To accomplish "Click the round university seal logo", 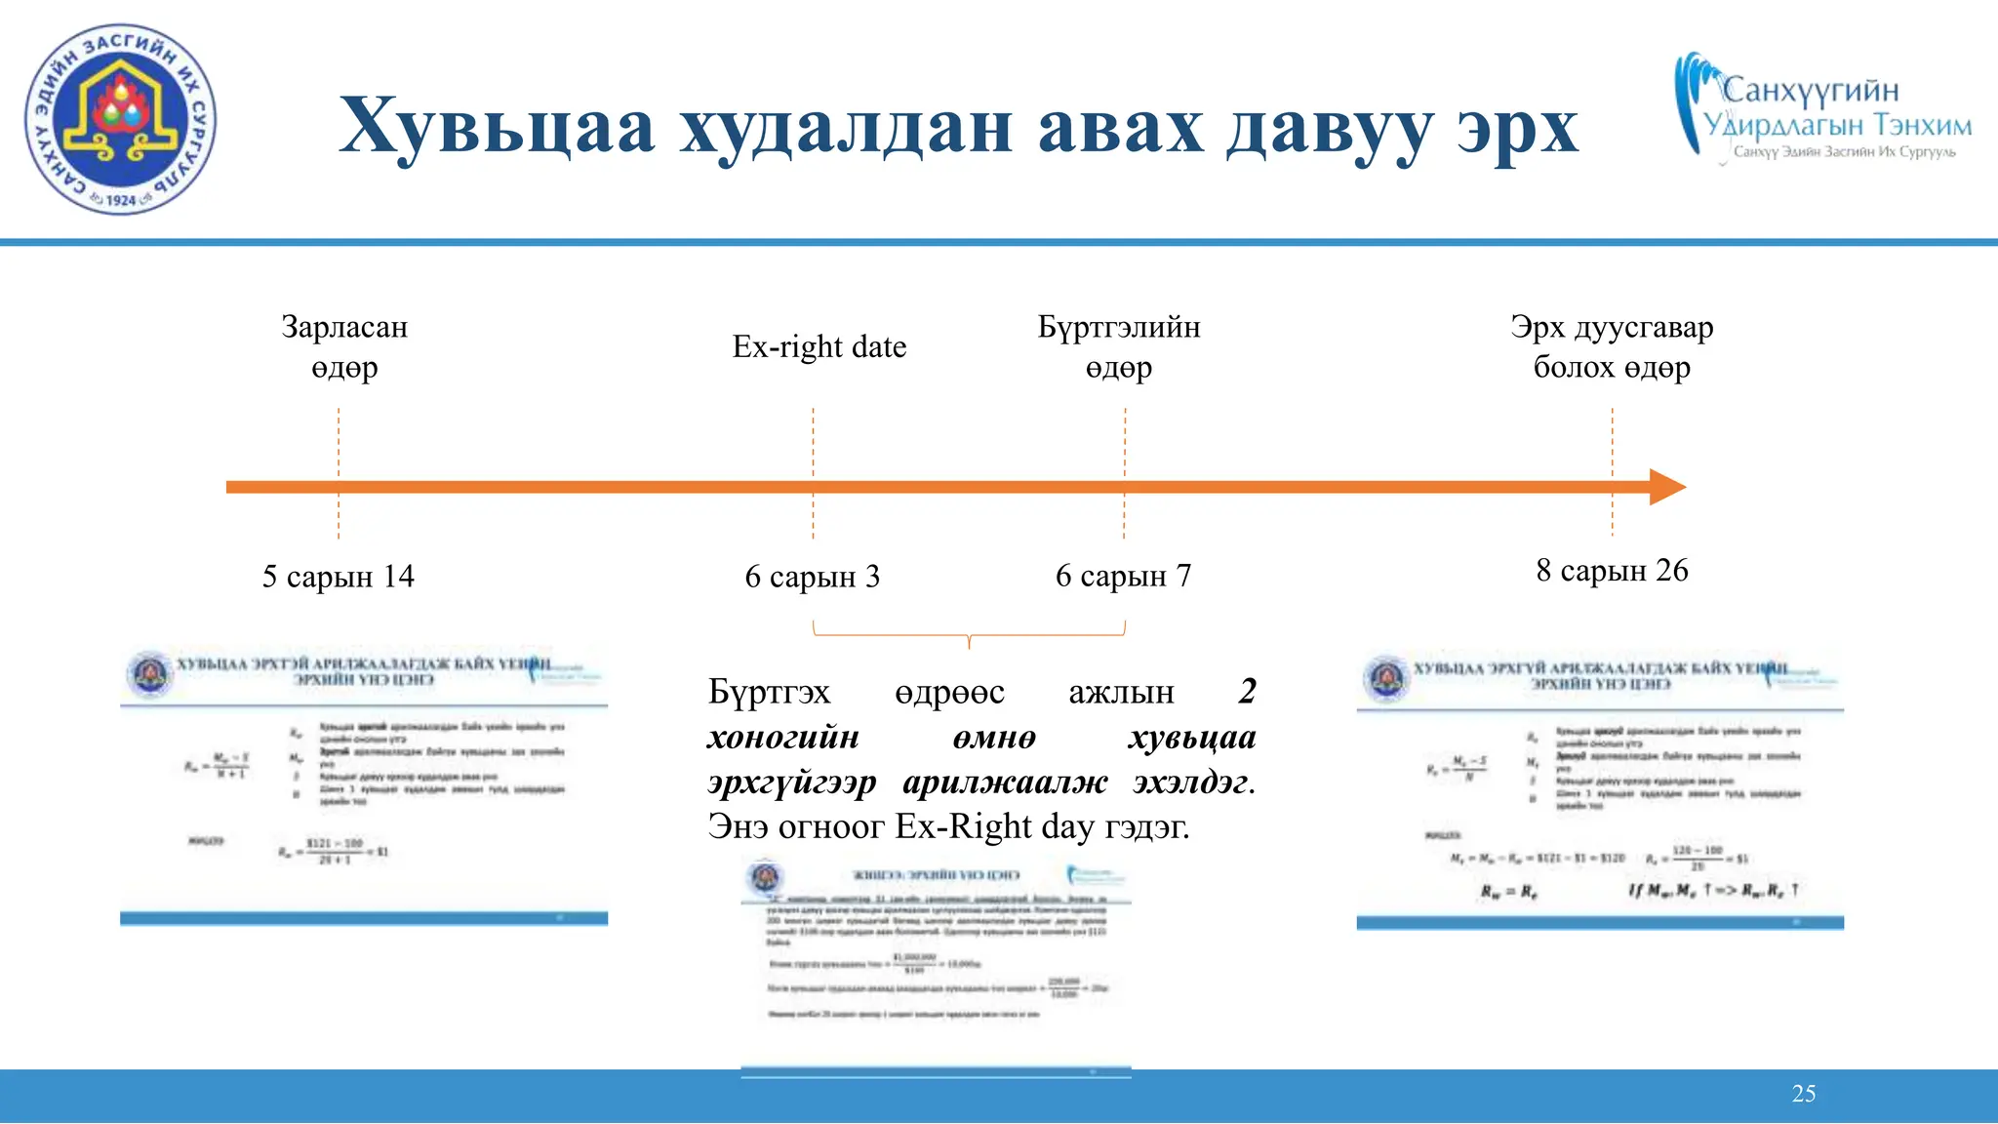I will (x=120, y=120).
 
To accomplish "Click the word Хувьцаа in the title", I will (x=497, y=127).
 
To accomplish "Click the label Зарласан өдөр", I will (x=344, y=346).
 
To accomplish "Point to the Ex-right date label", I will (x=819, y=346).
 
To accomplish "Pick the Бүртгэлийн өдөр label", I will (x=1119, y=346).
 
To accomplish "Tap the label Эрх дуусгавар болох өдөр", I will (x=1612, y=346).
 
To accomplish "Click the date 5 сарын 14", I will (x=339, y=577).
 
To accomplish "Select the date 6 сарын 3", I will (x=813, y=577).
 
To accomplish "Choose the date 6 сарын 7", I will (x=1124, y=576).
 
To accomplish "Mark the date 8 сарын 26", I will (x=1612, y=570).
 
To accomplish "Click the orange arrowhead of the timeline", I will (x=1666, y=487).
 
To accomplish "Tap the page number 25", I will (x=1804, y=1094).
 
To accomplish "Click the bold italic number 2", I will (x=1247, y=691).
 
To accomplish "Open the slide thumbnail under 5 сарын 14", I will (x=364, y=785).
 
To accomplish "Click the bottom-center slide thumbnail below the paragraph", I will (x=937, y=966).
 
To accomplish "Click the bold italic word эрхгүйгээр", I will (x=792, y=782).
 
